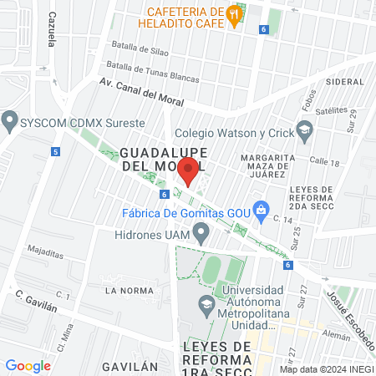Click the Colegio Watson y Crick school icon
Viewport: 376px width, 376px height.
pos(305,130)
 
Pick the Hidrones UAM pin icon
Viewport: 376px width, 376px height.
pos(201,235)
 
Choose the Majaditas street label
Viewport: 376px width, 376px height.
pos(45,249)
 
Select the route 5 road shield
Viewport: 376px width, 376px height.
pos(55,152)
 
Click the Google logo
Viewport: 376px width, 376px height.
pos(28,365)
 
